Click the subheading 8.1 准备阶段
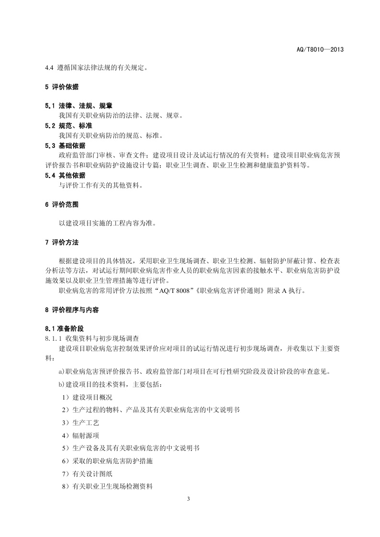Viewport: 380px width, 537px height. pos(64,329)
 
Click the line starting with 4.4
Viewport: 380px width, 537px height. pos(96,67)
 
